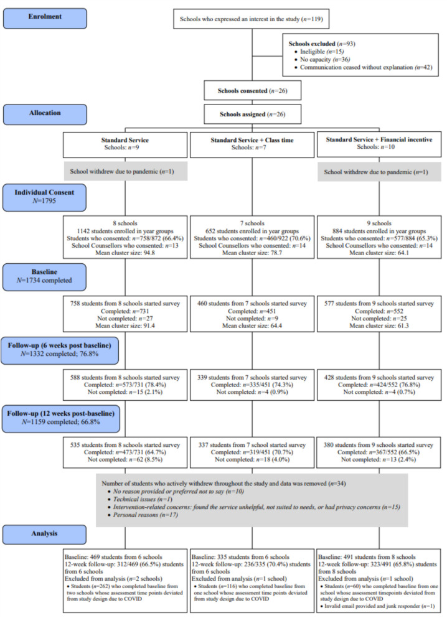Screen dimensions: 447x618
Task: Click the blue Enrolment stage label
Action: [45, 19]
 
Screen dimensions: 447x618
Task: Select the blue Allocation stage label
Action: [45, 115]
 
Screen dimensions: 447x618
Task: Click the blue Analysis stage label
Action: [44, 534]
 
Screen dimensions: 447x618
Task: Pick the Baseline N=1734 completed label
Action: [44, 276]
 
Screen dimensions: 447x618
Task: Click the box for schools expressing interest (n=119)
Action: [251, 19]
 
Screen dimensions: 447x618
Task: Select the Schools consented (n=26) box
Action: [252, 91]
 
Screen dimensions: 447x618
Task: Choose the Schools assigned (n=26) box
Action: [252, 115]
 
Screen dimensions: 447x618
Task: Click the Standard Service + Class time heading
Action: [252, 140]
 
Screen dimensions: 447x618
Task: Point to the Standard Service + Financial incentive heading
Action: [379, 139]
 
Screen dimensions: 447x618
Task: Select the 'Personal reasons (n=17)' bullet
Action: [143, 515]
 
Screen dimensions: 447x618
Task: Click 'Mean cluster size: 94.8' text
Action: [125, 253]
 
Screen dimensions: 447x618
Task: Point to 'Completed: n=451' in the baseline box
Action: [252, 311]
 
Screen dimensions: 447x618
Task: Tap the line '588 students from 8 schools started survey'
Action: [125, 377]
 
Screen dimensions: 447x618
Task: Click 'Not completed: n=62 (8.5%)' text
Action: [125, 459]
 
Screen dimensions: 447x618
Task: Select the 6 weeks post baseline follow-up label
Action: [60, 350]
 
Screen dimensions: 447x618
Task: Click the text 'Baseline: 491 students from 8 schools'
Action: [367, 557]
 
